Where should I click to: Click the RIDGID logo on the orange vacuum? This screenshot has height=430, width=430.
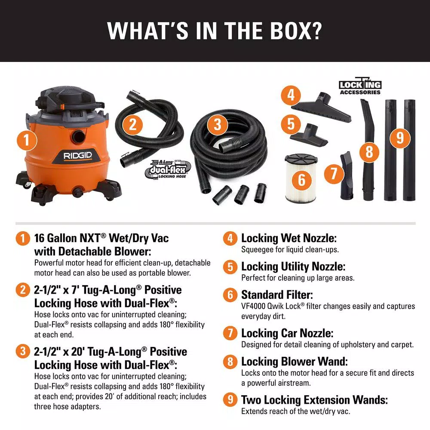pyautogui.click(x=78, y=155)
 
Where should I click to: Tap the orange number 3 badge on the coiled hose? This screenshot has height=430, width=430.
pyautogui.click(x=218, y=125)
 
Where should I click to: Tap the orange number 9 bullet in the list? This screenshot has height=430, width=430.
pyautogui.click(x=230, y=400)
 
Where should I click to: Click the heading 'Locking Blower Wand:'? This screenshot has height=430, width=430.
pyautogui.click(x=295, y=361)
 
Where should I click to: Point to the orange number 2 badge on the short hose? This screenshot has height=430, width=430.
pyautogui.click(x=133, y=125)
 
